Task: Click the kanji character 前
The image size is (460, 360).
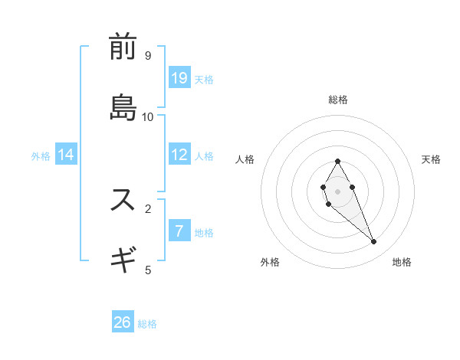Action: coord(123,47)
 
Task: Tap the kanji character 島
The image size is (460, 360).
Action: coord(123,108)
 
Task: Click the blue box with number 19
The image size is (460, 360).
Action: coord(179,77)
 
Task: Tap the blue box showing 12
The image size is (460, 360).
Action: coord(179,155)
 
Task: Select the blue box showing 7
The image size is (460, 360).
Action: coord(179,231)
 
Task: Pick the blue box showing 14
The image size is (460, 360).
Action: coord(66,155)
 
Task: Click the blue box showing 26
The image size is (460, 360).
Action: coord(123,322)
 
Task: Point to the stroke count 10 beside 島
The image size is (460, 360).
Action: coord(148,116)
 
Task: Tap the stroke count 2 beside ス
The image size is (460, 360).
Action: coord(148,208)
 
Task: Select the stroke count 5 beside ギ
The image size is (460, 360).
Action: coord(148,270)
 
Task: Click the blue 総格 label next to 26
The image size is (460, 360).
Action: coord(147,324)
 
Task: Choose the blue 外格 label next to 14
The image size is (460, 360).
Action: coord(41,155)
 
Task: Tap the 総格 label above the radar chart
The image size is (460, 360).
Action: coord(338,100)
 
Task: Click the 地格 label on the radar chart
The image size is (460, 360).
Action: coord(402,262)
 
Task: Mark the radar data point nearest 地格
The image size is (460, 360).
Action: coord(373,242)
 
